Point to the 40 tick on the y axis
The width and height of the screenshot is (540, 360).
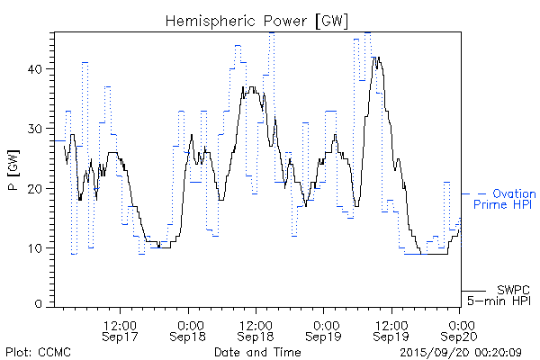click(x=40, y=68)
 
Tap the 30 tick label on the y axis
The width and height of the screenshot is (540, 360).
click(x=40, y=128)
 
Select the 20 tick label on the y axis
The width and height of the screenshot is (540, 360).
click(x=40, y=188)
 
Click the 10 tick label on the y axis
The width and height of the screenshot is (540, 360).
click(x=40, y=247)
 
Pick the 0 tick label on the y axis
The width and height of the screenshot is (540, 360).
click(x=44, y=305)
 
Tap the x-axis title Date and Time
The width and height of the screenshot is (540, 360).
click(x=256, y=351)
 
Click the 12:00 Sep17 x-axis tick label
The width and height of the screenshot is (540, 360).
click(x=120, y=328)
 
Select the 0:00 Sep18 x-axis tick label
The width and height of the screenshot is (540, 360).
click(x=188, y=328)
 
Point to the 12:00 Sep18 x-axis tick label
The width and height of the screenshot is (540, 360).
click(x=256, y=328)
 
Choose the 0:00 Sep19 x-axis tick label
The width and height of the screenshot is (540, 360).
click(x=324, y=328)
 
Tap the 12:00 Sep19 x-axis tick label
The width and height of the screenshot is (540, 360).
click(x=391, y=328)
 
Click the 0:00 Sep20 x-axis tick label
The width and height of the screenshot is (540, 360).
click(x=460, y=328)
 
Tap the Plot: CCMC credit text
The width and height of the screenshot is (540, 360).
click(x=38, y=351)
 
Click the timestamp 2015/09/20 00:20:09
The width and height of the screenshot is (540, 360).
click(x=460, y=351)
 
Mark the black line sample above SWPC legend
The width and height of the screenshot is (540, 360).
click(x=476, y=290)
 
